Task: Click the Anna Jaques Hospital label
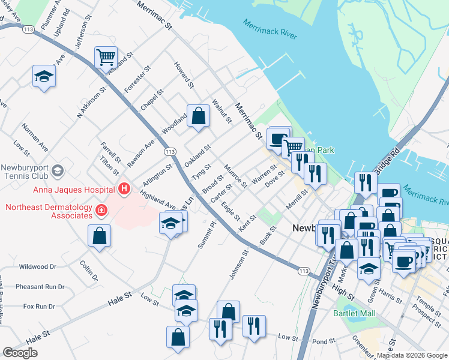[59, 190]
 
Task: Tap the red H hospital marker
[124, 190]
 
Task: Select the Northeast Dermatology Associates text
[48, 212]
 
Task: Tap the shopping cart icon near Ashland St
[106, 58]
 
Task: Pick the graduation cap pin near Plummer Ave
[44, 76]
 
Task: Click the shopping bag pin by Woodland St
[198, 116]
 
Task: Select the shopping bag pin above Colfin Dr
[99, 236]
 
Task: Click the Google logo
[20, 353]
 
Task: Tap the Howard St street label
[182, 75]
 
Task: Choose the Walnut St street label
[221, 110]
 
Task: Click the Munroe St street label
[235, 175]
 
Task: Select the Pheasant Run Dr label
[40, 287]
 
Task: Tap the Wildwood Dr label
[37, 266]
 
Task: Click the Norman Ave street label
[34, 136]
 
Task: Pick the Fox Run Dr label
[39, 307]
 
